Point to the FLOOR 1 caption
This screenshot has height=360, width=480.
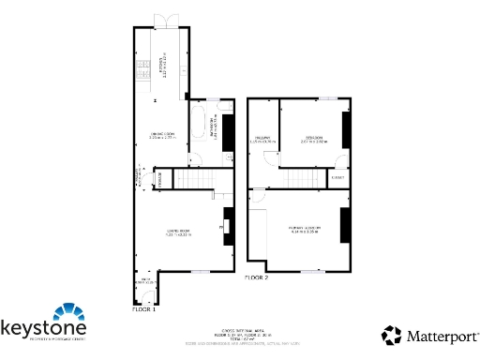point(142,307)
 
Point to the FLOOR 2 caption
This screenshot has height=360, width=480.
point(257,278)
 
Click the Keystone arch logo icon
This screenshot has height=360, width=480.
point(68,312)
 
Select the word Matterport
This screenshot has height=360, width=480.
point(441,335)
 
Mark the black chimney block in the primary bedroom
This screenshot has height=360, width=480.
point(344,225)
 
